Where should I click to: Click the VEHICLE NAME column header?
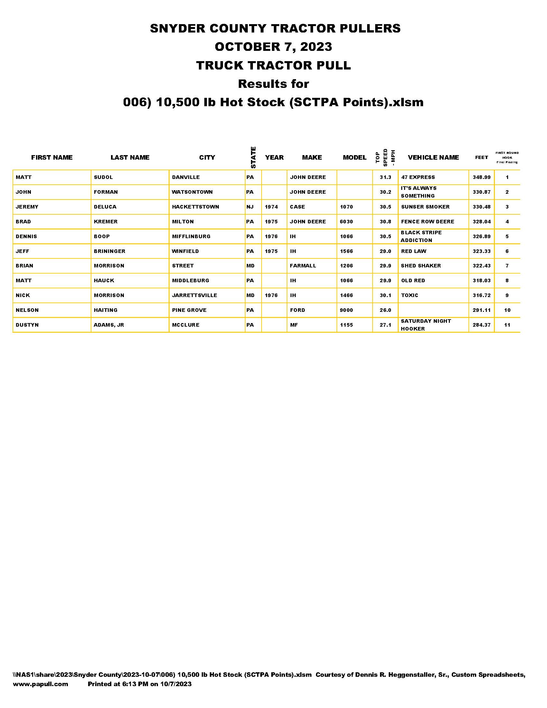[x=433, y=158]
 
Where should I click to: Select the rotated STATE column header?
[x=253, y=158]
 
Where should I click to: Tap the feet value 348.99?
[x=481, y=177]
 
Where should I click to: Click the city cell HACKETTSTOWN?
[x=195, y=207]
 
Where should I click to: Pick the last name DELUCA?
[x=105, y=207]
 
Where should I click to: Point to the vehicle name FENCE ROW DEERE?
[x=427, y=222]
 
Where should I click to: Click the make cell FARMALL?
[x=303, y=266]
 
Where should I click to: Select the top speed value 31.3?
[x=385, y=177]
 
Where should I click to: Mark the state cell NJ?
[x=250, y=207]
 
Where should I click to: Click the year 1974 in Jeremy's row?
[x=271, y=207]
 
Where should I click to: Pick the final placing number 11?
[x=507, y=325]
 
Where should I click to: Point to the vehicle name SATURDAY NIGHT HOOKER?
[x=425, y=325]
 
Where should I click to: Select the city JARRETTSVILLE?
[x=194, y=295]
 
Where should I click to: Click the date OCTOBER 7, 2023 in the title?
[x=273, y=47]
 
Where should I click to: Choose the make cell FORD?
[x=297, y=310]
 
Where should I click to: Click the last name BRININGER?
[x=109, y=251]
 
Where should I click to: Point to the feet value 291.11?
[x=481, y=310]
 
